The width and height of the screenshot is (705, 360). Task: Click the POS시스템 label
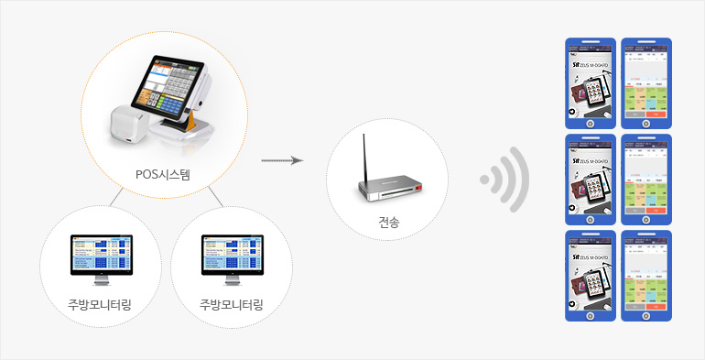pos(163,174)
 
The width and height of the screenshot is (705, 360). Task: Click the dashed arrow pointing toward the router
pos(282,160)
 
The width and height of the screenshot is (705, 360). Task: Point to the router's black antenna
pos(363,156)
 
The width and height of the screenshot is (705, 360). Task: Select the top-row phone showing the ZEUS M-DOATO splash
pos(591,83)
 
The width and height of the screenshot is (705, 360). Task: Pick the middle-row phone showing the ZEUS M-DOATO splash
pos(591,180)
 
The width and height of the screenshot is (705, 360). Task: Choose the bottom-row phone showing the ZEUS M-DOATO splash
pos(591,276)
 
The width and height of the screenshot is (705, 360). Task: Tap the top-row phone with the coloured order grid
pos(646,83)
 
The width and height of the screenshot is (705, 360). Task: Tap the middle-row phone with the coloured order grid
pos(646,180)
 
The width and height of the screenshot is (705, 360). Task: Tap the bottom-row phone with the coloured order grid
pos(646,276)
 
